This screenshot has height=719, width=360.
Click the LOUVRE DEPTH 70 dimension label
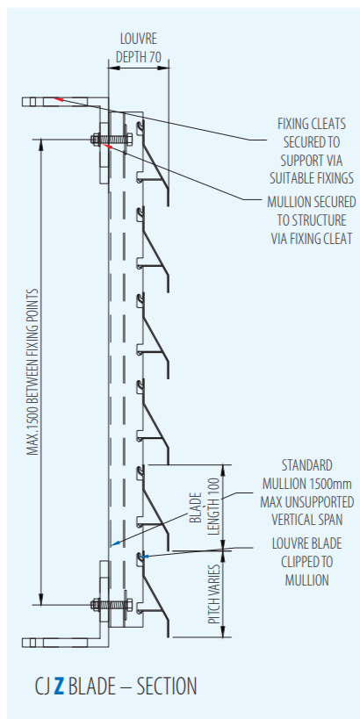coord(138,47)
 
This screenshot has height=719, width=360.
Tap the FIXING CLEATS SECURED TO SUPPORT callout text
coord(312,150)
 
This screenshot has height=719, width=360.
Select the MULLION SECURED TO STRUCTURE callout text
coord(312,220)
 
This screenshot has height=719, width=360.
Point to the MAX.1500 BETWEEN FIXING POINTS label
coord(32,371)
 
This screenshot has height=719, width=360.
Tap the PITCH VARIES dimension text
coord(213,593)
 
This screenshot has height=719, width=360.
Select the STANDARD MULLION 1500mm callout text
coord(306,493)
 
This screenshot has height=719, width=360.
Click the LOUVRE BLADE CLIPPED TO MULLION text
coord(306,562)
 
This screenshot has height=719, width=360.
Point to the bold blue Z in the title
coord(59,686)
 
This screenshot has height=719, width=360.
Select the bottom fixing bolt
coord(112,604)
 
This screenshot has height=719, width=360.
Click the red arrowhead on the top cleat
coord(57,98)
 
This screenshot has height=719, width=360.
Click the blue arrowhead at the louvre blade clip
coord(145,557)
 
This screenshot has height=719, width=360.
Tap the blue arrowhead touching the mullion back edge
coord(115,543)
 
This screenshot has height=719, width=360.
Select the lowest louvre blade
coord(154,593)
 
